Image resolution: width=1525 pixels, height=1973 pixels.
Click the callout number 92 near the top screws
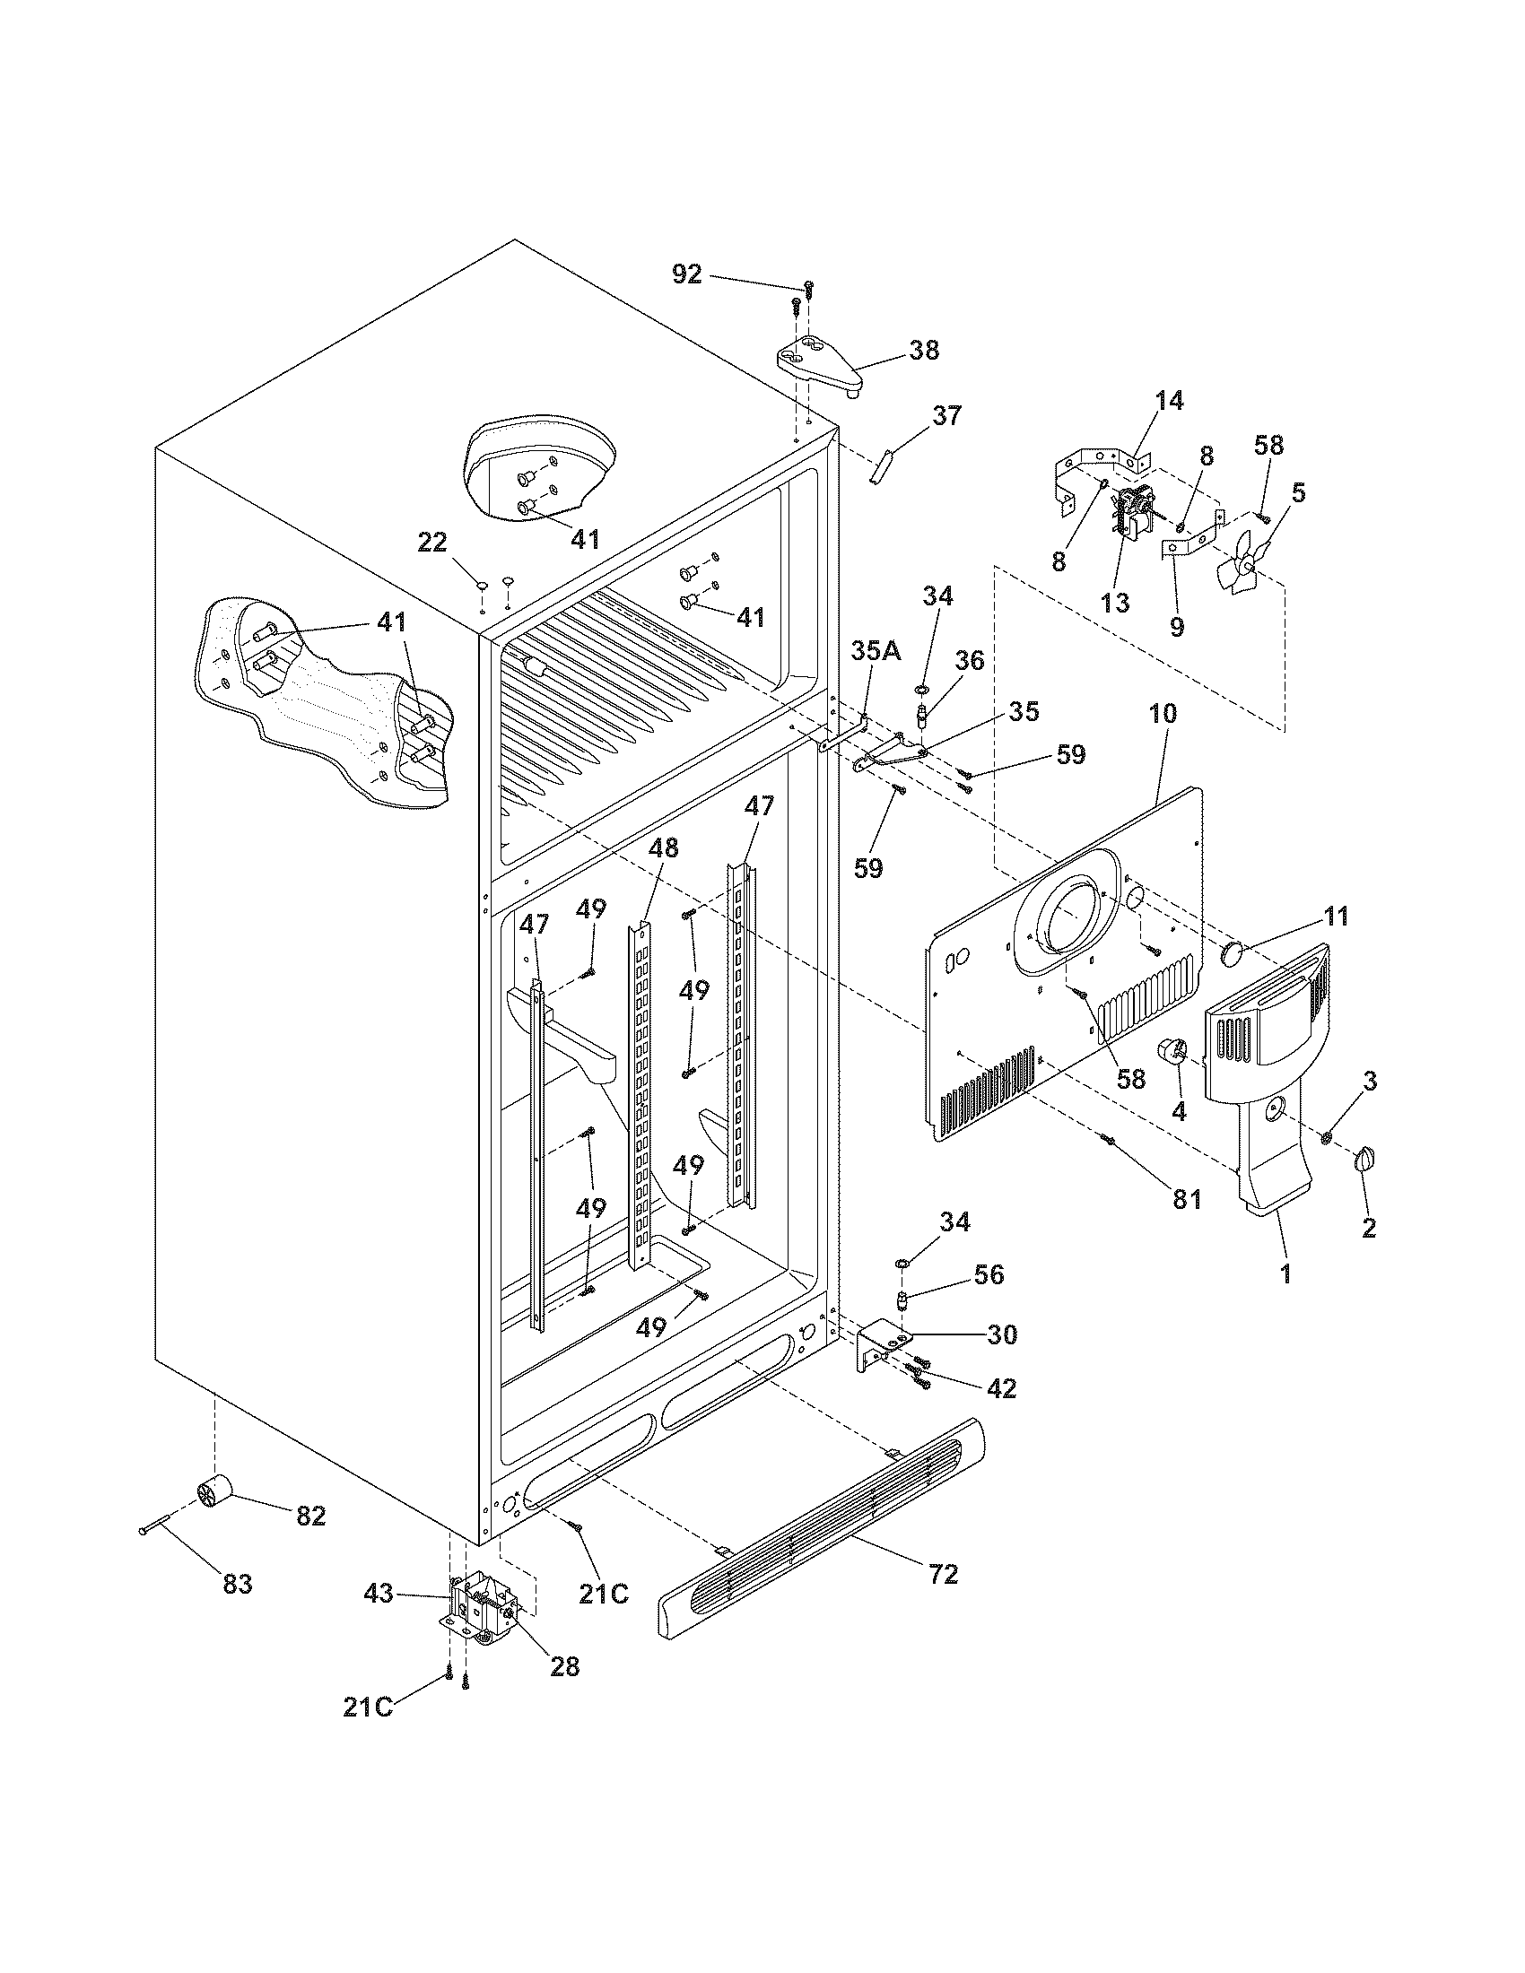(687, 274)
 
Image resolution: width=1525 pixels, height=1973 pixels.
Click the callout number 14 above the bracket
(1169, 400)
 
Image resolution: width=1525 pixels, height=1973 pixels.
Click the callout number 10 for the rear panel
(1163, 714)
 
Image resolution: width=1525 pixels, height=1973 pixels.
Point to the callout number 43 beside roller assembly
(379, 1593)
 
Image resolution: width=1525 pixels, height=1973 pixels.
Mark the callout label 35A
(876, 651)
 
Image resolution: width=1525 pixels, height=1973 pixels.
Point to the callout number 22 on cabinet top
(431, 543)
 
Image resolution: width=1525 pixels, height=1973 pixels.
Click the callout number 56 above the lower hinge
(989, 1273)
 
